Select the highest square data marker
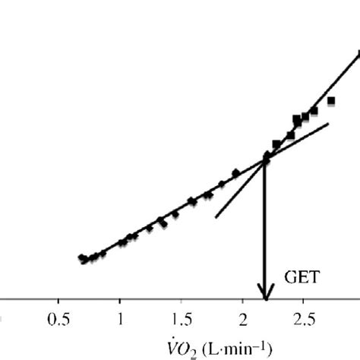pos(358,52)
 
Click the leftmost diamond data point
pos(81,257)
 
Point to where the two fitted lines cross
pos(266,159)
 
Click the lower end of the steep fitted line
pos(216,217)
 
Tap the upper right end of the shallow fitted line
pos(329,123)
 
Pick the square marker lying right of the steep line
pos(330,100)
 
